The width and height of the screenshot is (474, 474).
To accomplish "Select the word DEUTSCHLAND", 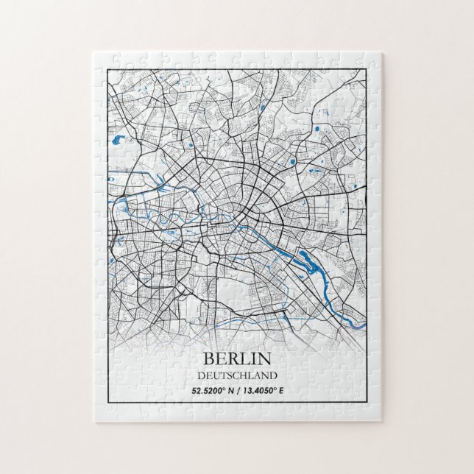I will (x=236, y=375).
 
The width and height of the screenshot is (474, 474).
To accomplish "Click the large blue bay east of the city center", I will (x=304, y=258).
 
